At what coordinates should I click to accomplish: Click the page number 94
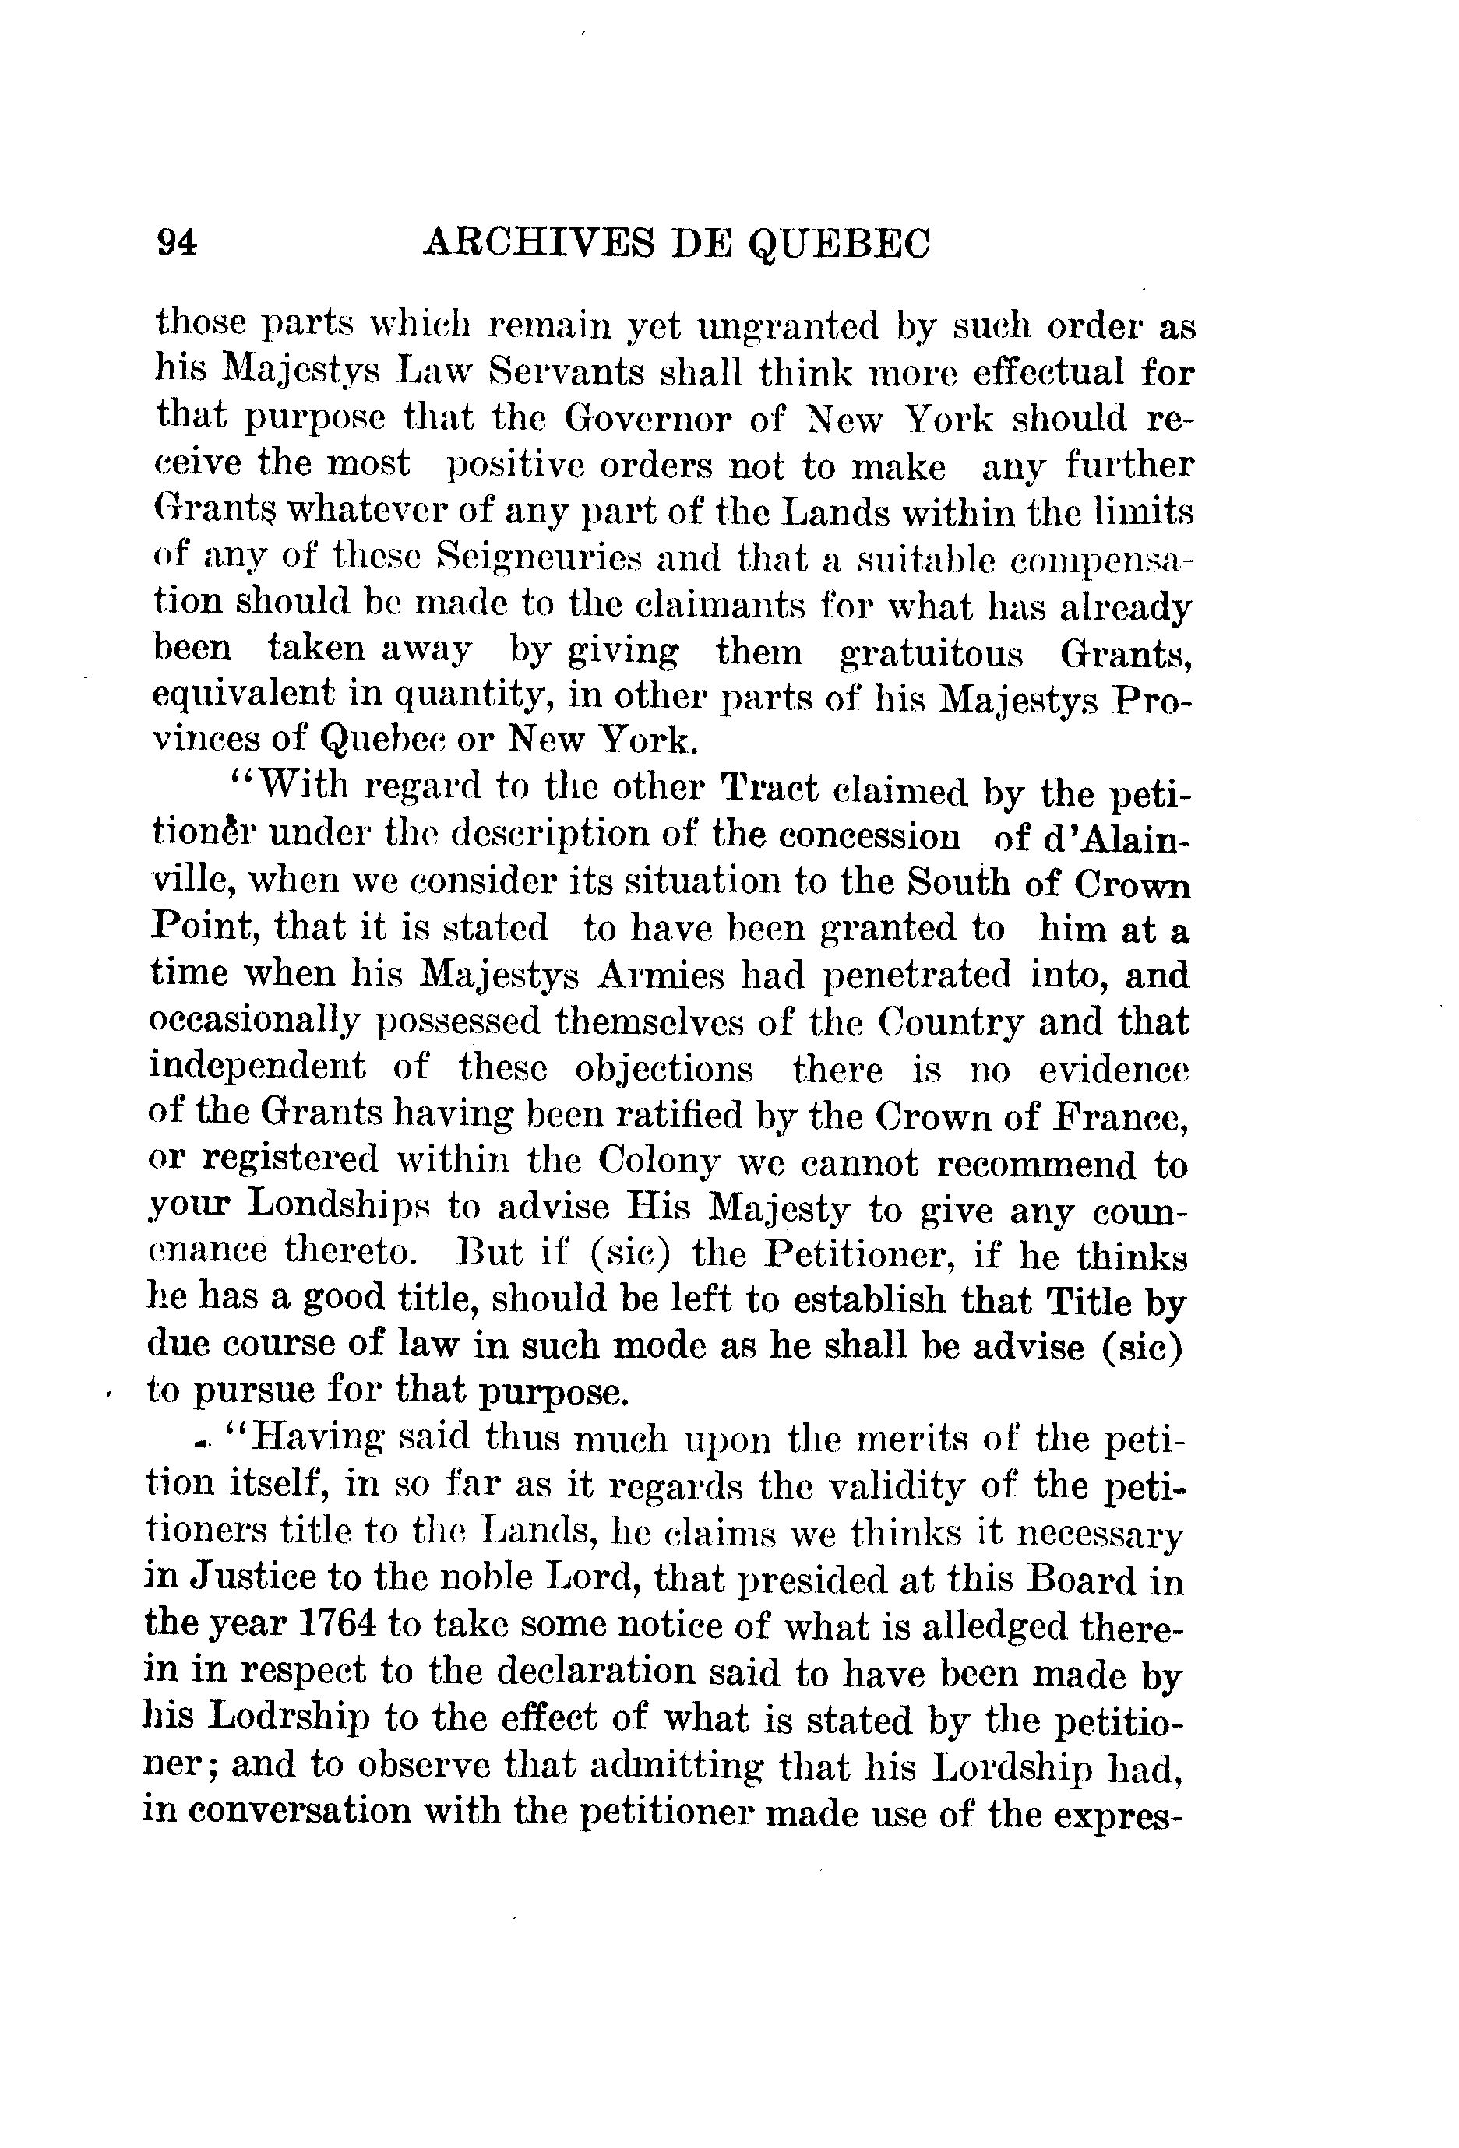coord(178,243)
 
